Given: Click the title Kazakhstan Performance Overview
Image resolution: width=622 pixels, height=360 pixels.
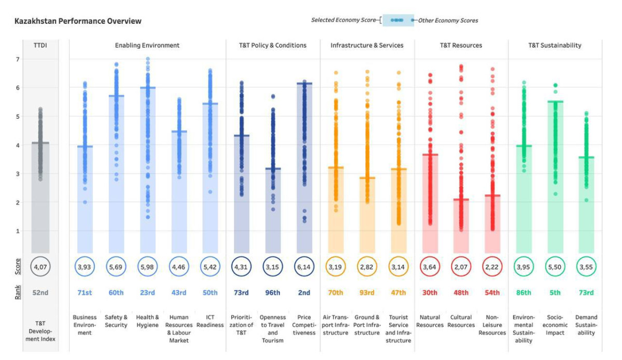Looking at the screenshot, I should [x=78, y=21].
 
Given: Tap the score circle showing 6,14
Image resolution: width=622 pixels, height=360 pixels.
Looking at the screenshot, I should [x=304, y=267].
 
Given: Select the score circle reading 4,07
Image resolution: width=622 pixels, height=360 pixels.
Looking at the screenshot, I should [x=40, y=267].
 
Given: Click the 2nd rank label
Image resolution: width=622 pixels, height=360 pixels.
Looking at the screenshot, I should [x=304, y=293].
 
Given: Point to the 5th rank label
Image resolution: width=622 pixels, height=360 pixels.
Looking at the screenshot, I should [x=555, y=293].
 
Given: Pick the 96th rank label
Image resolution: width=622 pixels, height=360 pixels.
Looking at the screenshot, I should [x=273, y=293].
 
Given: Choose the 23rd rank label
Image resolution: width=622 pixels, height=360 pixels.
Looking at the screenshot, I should [x=147, y=293].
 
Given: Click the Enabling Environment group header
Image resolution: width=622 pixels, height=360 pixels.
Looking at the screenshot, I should [x=147, y=46].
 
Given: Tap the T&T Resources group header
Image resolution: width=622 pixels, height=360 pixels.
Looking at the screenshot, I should [x=461, y=46].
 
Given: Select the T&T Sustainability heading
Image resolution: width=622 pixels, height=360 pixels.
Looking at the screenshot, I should [x=555, y=46].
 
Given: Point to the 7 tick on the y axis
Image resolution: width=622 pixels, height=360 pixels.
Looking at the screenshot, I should [x=17, y=59].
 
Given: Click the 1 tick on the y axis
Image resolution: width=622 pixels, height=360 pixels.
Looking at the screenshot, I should [x=17, y=231].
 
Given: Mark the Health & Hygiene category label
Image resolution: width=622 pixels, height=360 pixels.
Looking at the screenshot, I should [x=147, y=321].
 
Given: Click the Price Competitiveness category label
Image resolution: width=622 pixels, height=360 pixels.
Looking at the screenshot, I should [x=304, y=325].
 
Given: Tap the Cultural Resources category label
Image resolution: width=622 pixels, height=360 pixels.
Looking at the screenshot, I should [x=461, y=321].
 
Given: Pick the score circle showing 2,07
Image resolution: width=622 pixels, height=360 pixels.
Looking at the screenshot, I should [x=461, y=267].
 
